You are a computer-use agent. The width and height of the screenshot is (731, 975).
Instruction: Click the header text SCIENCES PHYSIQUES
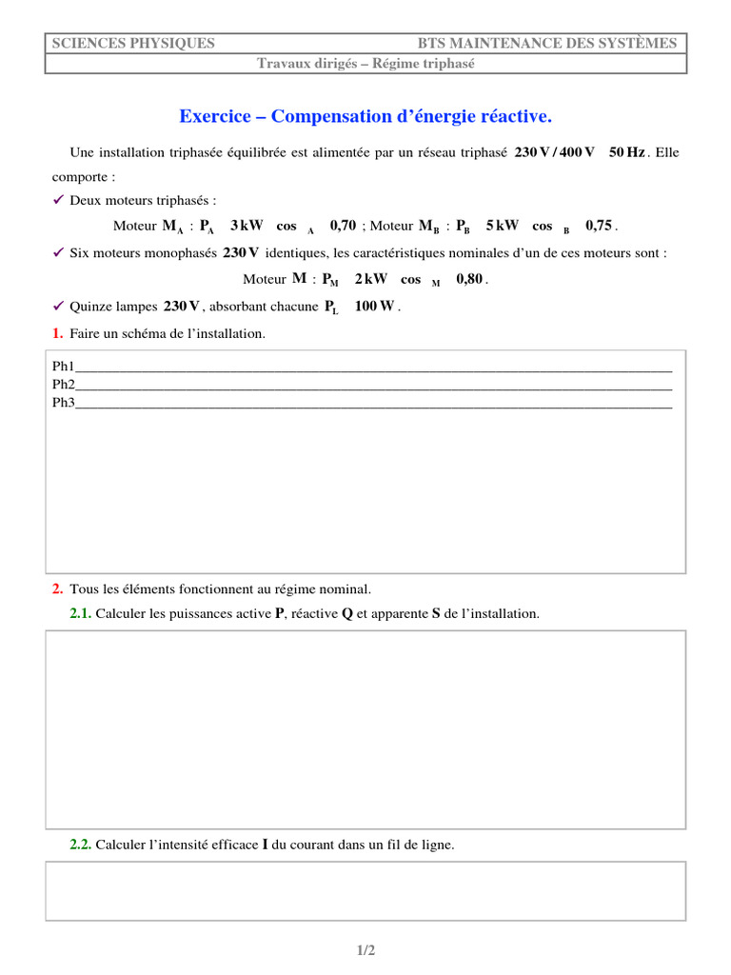click(132, 43)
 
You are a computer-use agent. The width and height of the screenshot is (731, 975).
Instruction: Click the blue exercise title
click(365, 116)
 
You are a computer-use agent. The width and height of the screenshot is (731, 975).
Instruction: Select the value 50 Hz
click(626, 152)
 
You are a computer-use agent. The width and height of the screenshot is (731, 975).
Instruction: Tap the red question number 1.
click(58, 333)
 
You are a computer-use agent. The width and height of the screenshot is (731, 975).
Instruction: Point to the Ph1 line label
click(63, 366)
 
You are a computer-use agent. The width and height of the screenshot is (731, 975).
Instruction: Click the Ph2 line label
click(63, 384)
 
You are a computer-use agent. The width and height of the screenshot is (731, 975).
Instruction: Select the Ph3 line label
click(63, 402)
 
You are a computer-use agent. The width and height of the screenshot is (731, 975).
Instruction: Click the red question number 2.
click(58, 589)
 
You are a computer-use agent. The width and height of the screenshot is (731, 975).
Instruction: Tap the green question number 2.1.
click(80, 614)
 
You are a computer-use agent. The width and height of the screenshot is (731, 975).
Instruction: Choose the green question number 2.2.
click(80, 845)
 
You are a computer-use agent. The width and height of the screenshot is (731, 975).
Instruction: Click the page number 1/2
click(366, 950)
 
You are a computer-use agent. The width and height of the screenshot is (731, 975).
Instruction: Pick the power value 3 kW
click(247, 226)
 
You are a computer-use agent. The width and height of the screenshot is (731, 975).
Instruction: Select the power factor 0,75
click(599, 226)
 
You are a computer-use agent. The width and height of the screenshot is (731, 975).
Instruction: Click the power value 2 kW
click(370, 279)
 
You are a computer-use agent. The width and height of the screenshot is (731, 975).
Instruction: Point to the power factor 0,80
click(469, 279)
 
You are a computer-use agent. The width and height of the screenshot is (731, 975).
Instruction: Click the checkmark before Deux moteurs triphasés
click(58, 200)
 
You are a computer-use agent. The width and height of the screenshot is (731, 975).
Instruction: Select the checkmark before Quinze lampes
click(58, 306)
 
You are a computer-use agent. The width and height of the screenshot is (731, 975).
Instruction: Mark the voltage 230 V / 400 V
click(554, 152)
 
